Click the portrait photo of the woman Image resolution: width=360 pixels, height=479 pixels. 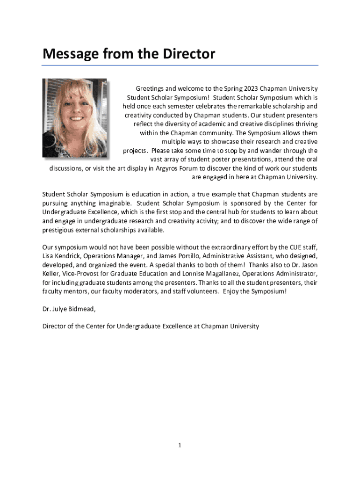75,118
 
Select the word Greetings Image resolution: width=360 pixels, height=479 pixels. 150,88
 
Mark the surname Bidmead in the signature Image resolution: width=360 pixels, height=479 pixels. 83,309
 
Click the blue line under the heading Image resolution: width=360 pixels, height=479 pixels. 180,65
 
